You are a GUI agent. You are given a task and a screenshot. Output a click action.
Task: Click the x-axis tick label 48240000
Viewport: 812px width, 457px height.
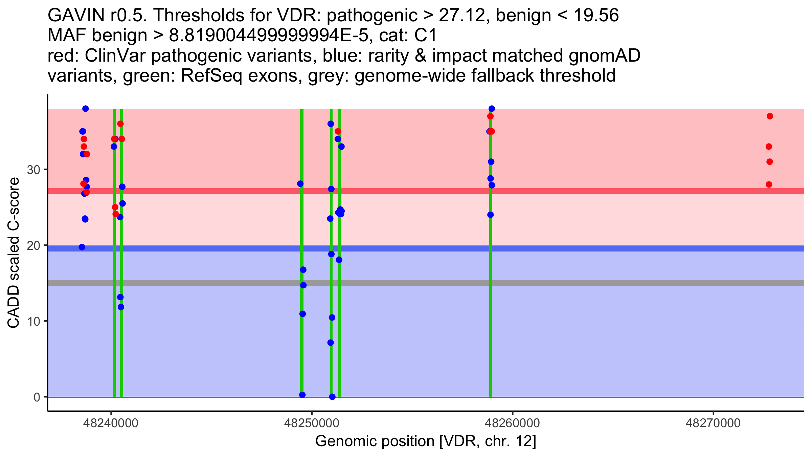(x=111, y=423)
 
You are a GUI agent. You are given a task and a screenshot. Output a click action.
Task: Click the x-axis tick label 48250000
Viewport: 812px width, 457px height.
(x=312, y=423)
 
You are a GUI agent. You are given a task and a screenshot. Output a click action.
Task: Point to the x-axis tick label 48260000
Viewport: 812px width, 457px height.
(x=513, y=423)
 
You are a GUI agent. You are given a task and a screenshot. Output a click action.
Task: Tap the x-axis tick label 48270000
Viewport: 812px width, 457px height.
(x=713, y=423)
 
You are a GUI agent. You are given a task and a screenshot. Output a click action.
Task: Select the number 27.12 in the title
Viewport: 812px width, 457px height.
(x=461, y=16)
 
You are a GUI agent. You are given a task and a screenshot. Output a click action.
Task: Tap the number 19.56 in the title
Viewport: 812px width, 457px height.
(x=596, y=16)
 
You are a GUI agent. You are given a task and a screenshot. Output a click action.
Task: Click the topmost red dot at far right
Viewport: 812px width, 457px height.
(x=770, y=116)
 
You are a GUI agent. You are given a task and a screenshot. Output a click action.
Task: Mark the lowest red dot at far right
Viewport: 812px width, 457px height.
(x=769, y=184)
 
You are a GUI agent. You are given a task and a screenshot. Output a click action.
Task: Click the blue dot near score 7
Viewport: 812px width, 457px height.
(x=331, y=343)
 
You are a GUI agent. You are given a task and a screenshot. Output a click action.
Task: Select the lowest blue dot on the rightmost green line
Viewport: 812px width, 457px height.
(x=491, y=215)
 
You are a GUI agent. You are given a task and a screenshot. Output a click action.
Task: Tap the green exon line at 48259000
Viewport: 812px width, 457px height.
(x=491, y=305)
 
